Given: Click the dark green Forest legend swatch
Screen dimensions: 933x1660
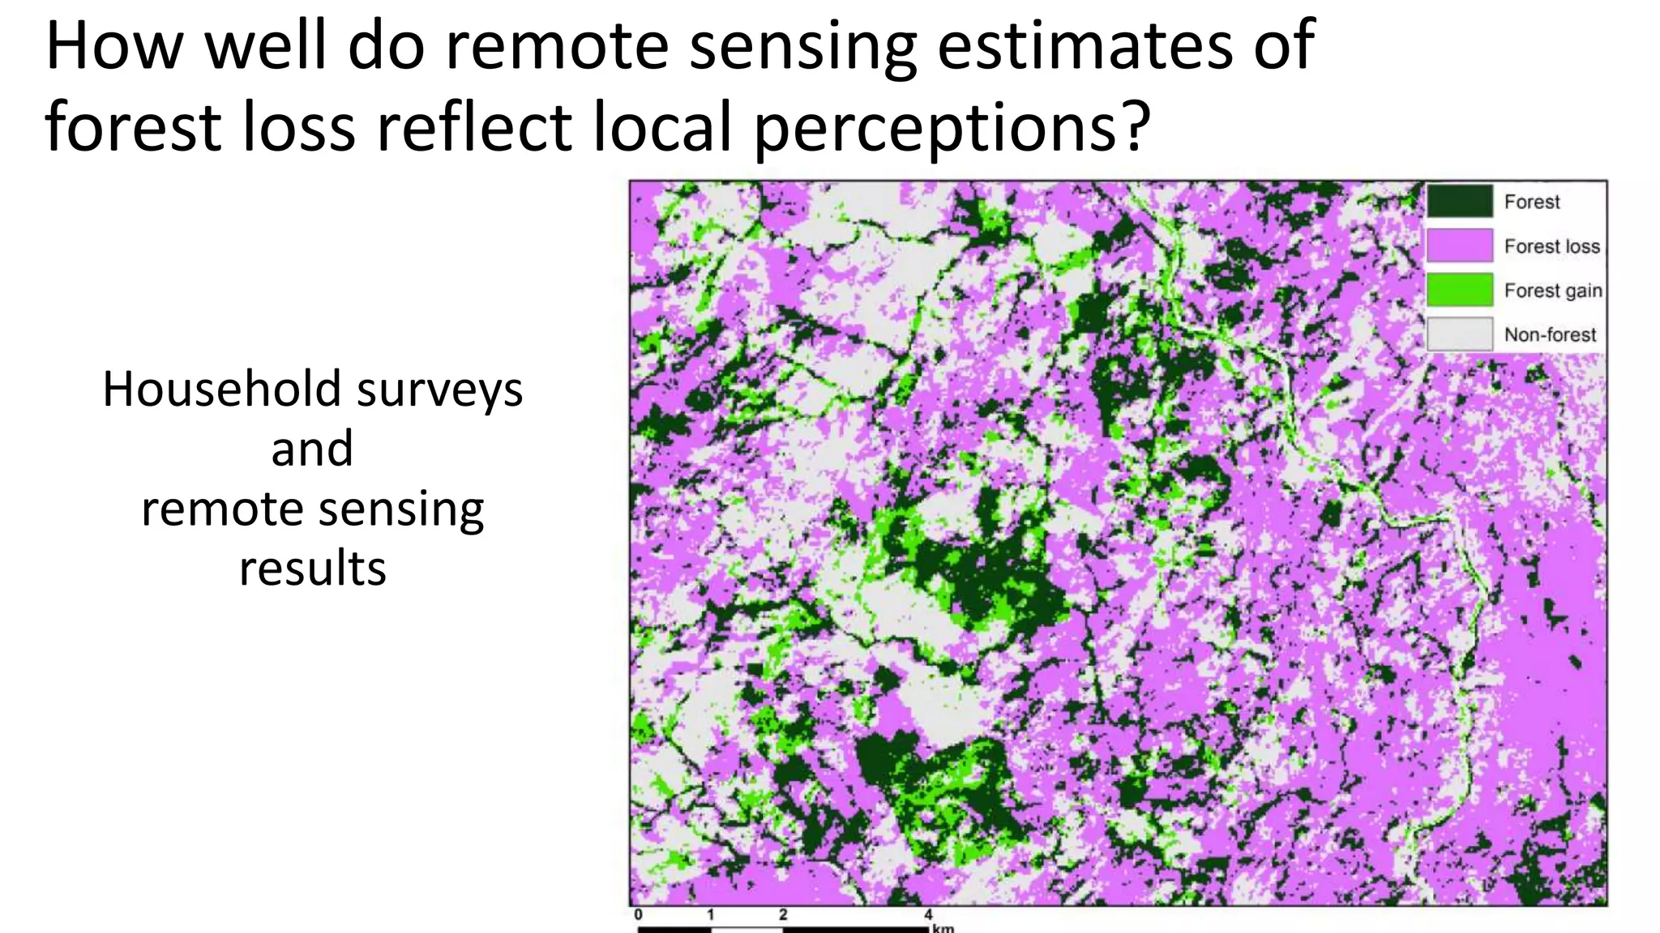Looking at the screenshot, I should pyautogui.click(x=1459, y=201).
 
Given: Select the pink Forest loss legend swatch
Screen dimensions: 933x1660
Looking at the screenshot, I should pyautogui.click(x=1459, y=245).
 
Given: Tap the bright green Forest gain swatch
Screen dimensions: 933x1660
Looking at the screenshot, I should pyautogui.click(x=1459, y=290).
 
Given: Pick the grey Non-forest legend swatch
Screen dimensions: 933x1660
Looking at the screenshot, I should pyautogui.click(x=1459, y=334).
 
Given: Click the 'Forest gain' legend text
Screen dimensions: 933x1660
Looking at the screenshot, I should pyautogui.click(x=1552, y=291).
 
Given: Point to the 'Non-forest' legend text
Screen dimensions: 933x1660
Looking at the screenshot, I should pyautogui.click(x=1549, y=334).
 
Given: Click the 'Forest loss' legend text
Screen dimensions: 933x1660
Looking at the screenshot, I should pyautogui.click(x=1551, y=246).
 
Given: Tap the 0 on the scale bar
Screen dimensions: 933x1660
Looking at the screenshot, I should pyautogui.click(x=639, y=914).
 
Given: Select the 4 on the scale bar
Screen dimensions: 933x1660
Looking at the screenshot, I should pyautogui.click(x=928, y=914).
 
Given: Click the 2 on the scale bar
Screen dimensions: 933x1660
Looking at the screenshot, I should pyautogui.click(x=783, y=914).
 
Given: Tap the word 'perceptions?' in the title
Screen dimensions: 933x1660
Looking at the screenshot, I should pyautogui.click(x=952, y=128).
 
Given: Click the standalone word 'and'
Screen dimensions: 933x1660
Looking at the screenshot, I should pyautogui.click(x=312, y=449).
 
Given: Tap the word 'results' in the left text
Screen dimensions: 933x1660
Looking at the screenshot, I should pyautogui.click(x=312, y=568).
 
